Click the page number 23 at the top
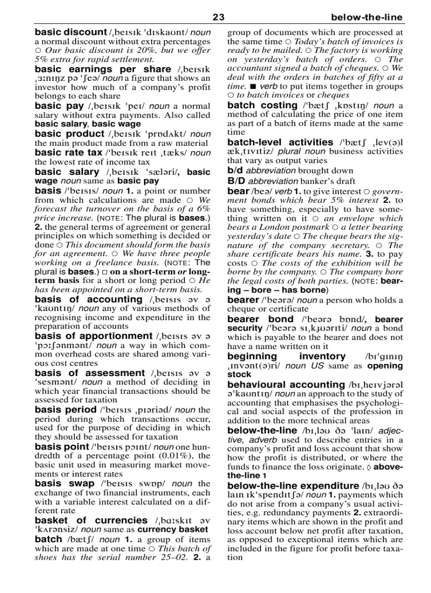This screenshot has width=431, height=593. click(x=218, y=17)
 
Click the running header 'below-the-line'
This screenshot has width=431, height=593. click(x=367, y=17)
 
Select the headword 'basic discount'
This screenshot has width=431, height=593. click(x=71, y=32)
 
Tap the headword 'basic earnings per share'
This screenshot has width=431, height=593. click(x=103, y=69)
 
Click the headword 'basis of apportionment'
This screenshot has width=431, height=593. click(x=93, y=336)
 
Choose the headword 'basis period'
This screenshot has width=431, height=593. click(x=65, y=409)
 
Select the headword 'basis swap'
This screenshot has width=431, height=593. click(x=64, y=483)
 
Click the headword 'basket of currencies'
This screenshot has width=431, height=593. click(x=91, y=520)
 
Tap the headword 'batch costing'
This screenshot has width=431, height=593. click(x=262, y=106)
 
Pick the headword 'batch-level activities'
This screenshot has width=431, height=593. click(x=280, y=143)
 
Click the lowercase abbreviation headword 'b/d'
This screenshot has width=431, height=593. click(x=235, y=171)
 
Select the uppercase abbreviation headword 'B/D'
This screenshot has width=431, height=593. click(x=236, y=181)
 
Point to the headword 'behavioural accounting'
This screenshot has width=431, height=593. click(x=285, y=385)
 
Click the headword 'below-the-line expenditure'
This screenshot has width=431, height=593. click(x=293, y=485)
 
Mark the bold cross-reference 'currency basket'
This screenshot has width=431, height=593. click(x=174, y=529)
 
